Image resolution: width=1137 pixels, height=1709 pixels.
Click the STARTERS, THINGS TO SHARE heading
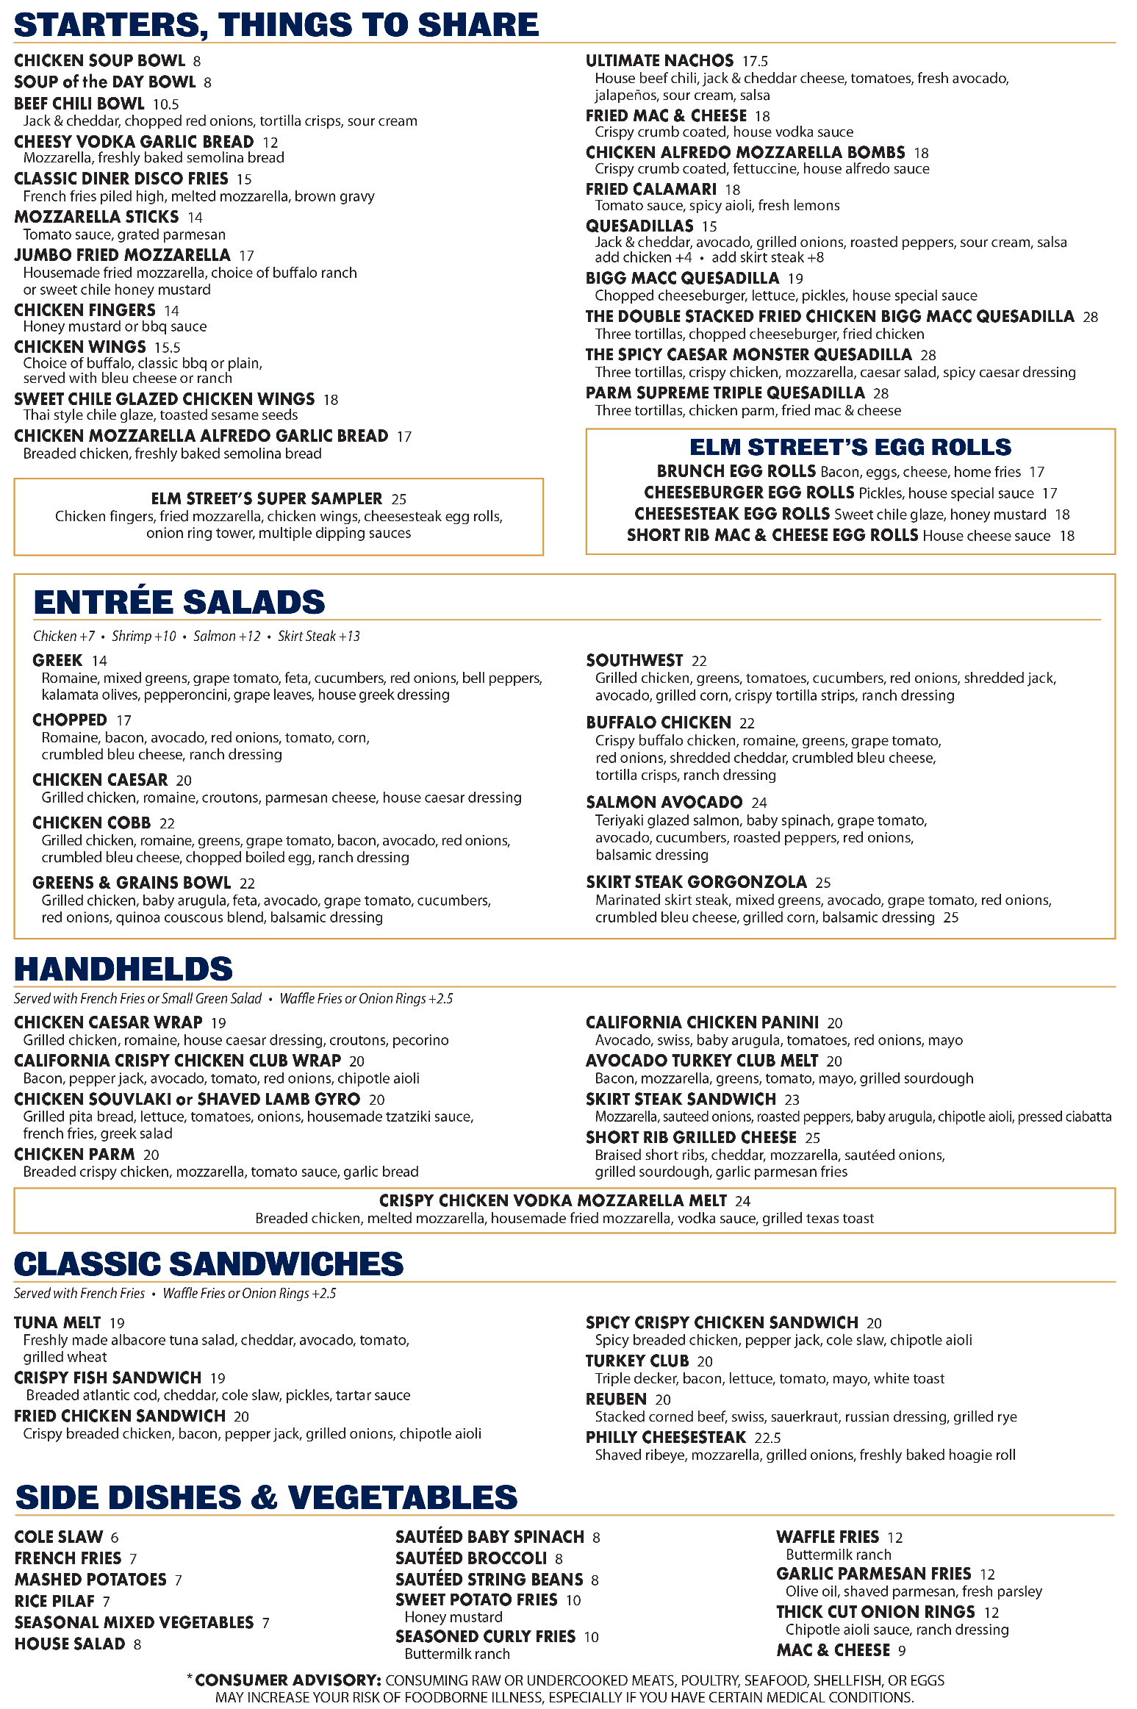pos(276,24)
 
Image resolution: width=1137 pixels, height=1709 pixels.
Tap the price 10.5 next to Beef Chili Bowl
pos(165,104)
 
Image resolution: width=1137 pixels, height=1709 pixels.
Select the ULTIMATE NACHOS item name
pos(659,60)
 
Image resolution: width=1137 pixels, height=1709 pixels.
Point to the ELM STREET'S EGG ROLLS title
pos(850,447)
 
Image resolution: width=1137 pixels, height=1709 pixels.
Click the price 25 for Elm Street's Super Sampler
pos(398,499)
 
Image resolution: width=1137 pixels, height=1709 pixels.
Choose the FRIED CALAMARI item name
pos(650,190)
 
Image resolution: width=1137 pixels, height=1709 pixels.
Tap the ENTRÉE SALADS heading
pos(179,602)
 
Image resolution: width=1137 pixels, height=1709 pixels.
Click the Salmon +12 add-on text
pos(226,637)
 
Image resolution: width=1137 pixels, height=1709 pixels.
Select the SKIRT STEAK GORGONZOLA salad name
pos(696,882)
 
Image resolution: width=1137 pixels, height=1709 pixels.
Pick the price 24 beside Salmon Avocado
pos(758,803)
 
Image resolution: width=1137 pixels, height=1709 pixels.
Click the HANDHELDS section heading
pos(123,969)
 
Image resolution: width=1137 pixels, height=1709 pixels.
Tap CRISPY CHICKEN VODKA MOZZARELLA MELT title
pos(553,1200)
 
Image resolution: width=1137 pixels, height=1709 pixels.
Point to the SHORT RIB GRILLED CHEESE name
pos(691,1137)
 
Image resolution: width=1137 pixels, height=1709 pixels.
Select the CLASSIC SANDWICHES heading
pos(209,1264)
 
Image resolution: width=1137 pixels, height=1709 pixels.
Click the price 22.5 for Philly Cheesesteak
pos(767,1437)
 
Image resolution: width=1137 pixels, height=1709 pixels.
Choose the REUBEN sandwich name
pos(616,1399)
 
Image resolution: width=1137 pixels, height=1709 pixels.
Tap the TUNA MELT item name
pos(57,1322)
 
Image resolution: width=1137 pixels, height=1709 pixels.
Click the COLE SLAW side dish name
pos(59,1537)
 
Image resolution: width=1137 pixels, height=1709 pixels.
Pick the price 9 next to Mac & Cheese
pos(902,1651)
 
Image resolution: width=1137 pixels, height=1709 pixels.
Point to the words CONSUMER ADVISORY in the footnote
pos(287,1680)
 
